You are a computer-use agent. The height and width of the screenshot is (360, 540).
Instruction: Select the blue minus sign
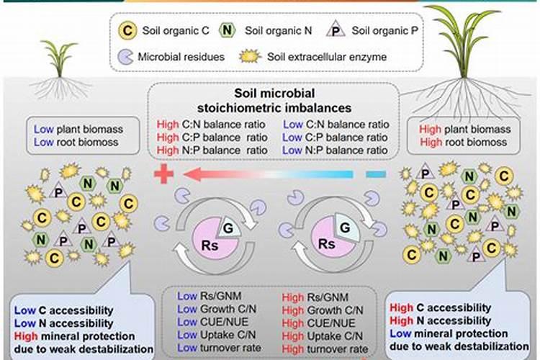(376, 175)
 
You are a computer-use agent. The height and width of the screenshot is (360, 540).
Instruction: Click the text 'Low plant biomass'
(78, 129)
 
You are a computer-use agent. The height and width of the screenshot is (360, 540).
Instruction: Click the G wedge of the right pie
(346, 228)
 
